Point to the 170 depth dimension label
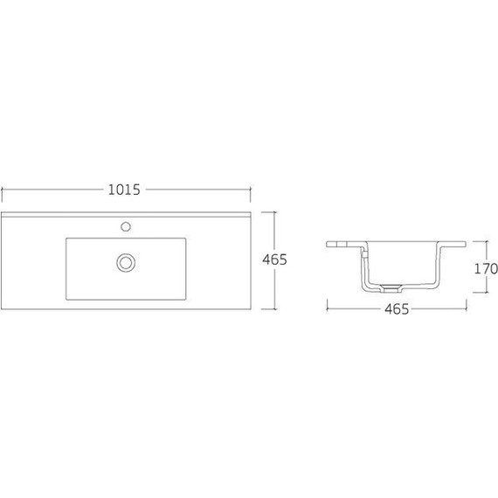click(485, 268)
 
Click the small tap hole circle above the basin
click(127, 226)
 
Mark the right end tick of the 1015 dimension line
click(251, 190)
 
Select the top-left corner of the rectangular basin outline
click(66, 238)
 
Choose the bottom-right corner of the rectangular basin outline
click(187, 301)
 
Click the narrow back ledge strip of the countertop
click(126, 214)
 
